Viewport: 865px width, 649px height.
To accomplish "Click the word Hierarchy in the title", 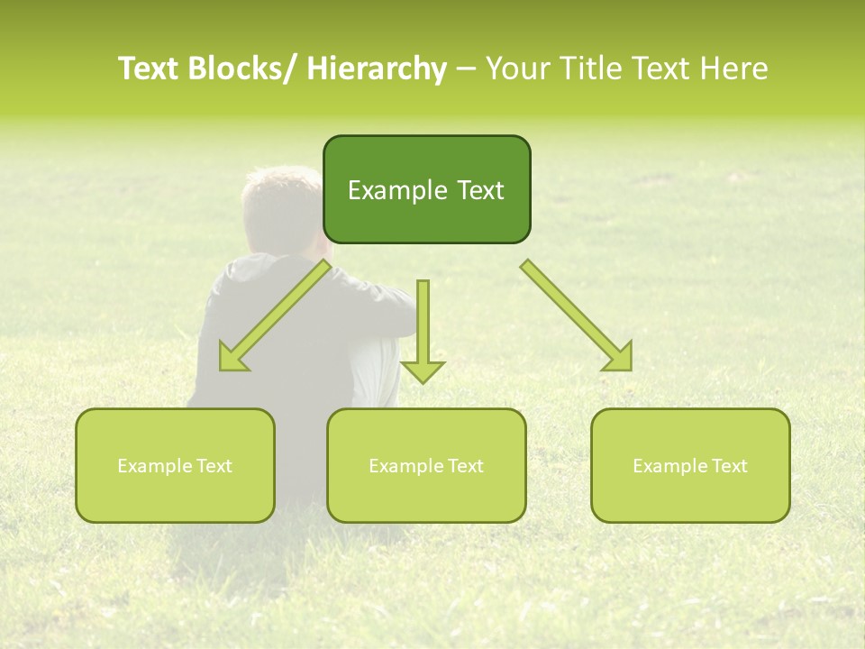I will pyautogui.click(x=377, y=69).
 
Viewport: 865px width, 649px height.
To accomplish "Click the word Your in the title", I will pyautogui.click(x=516, y=69).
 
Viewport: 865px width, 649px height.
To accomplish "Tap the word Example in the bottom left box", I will pyautogui.click(x=155, y=466).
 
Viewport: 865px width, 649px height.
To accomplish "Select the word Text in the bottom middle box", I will pyautogui.click(x=464, y=466).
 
